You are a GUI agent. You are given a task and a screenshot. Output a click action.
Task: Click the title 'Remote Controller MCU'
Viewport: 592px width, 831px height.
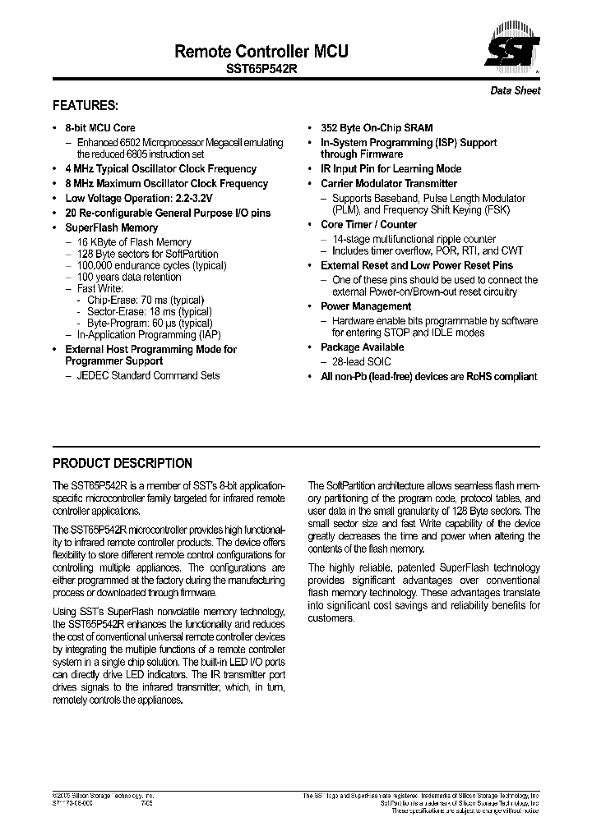click(x=261, y=51)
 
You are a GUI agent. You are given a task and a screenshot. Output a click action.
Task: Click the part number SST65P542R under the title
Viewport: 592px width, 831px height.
click(x=261, y=71)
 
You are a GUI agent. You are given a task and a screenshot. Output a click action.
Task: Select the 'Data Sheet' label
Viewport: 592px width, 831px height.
click(x=516, y=90)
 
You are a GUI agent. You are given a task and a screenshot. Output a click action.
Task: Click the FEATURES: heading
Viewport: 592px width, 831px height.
click(x=86, y=106)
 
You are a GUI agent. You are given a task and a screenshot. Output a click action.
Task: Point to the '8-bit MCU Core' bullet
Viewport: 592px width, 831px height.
click(x=99, y=128)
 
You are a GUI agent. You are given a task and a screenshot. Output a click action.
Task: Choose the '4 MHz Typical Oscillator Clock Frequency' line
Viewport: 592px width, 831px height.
click(x=160, y=169)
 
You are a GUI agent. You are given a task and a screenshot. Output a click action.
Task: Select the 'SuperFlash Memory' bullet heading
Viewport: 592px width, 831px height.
click(x=111, y=227)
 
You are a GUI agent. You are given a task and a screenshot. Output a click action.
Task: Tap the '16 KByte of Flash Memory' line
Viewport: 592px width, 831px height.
click(x=134, y=242)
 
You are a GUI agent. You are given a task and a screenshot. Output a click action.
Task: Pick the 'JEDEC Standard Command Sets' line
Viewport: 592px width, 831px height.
click(x=148, y=375)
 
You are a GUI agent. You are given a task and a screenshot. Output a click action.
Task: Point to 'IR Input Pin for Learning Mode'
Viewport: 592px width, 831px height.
click(x=391, y=169)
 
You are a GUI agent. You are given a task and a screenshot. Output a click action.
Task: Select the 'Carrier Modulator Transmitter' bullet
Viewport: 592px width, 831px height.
click(x=388, y=184)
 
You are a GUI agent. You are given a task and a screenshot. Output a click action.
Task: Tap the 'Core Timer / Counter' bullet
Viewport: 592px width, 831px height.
click(x=368, y=224)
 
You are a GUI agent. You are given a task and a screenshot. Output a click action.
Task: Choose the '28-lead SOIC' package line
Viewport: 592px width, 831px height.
click(x=362, y=361)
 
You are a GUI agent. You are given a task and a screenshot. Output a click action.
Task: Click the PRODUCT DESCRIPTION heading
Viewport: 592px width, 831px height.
click(x=123, y=463)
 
